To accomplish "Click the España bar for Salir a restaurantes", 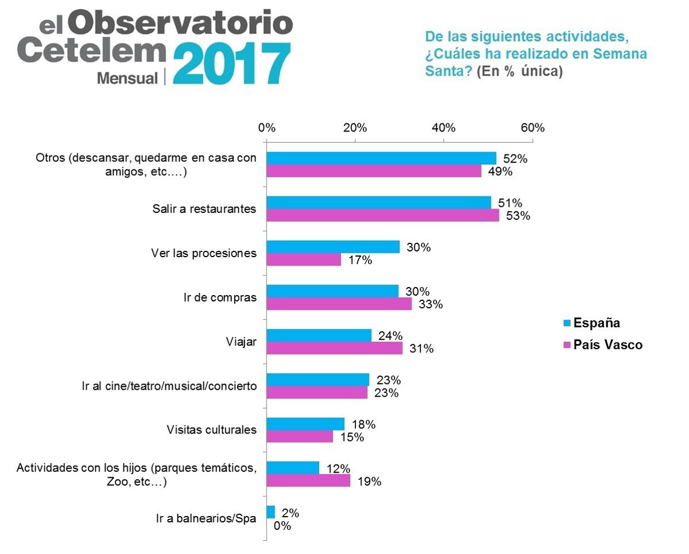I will tap(379, 203).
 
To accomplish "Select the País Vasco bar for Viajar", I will tap(335, 348).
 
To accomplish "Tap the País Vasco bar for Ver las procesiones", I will tap(304, 260).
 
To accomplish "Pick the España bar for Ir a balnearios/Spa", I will tap(271, 512).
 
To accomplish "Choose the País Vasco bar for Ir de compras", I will tap(339, 304).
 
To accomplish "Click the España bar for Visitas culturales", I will tap(306, 424).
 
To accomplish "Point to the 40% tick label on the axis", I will tap(444, 127).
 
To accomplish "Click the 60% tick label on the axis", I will tap(533, 127).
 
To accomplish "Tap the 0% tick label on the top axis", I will tap(267, 127).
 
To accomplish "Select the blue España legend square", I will tap(568, 323).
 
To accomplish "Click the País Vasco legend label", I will tap(609, 345).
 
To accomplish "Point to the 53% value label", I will tap(518, 216).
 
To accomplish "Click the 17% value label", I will tap(361, 261).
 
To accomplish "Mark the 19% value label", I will tap(370, 482).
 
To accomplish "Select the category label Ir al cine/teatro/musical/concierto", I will tap(169, 386).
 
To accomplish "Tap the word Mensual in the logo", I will tap(127, 78).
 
